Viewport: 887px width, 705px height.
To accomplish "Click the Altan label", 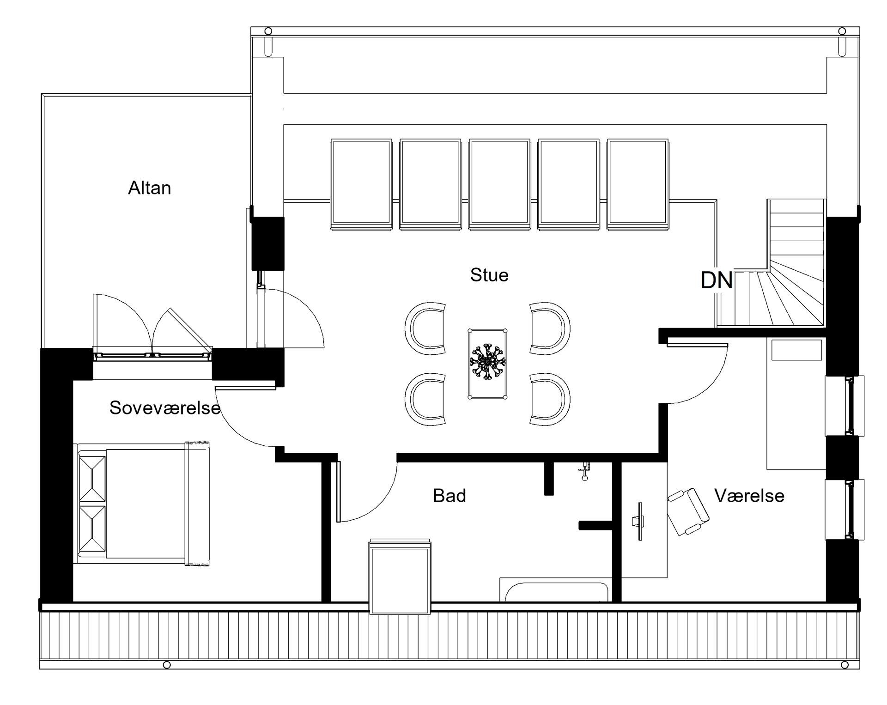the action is pos(149,188).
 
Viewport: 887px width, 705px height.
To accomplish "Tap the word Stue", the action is pos(489,275).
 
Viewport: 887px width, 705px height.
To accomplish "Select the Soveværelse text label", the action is pos(165,407).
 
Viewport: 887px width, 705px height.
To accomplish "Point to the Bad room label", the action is pos(450,496).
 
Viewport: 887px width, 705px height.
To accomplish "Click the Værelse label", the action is pos(749,496).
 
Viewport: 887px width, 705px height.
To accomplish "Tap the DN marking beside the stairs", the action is pos(717,280).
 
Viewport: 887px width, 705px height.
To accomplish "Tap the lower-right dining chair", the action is pos(550,399).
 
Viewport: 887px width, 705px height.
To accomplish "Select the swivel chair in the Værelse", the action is pos(688,512).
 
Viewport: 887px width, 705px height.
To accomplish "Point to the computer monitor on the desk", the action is pos(639,522).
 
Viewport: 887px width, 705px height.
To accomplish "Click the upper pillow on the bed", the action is pos(92,478).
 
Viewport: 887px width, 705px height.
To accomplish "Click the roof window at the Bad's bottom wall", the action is pos(400,577).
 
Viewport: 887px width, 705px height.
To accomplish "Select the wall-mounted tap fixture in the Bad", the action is pos(584,471).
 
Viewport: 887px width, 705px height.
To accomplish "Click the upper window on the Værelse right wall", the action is pos(844,406).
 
